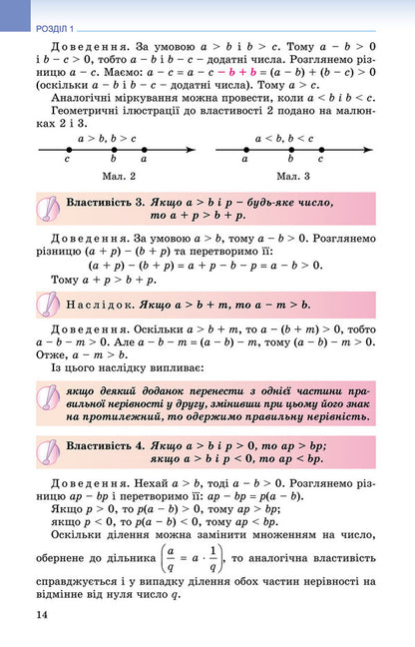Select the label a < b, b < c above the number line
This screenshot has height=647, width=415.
284,136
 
